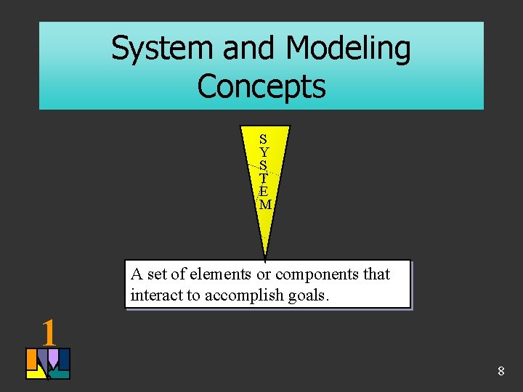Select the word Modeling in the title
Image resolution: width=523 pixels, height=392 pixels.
coord(349,49)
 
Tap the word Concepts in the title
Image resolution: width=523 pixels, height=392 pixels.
coord(261,86)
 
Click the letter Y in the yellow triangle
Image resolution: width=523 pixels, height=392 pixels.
coord(264,152)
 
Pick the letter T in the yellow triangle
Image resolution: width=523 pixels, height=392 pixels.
coord(264,179)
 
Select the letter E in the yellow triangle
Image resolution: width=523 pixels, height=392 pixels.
coord(264,192)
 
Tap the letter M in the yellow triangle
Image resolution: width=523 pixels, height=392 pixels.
coord(265,205)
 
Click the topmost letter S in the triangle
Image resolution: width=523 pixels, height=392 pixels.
coord(264,139)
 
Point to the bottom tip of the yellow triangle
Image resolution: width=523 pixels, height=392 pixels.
coord(265,257)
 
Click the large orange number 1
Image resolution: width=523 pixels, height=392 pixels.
coord(49,333)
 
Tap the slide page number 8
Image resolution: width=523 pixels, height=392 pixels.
coord(500,372)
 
